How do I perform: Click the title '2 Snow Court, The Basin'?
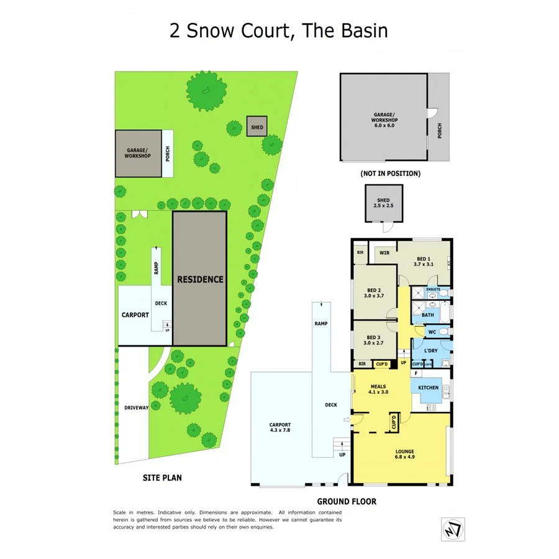click(x=279, y=30)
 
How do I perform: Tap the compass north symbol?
click(x=453, y=528)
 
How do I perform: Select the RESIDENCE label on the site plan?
click(x=200, y=279)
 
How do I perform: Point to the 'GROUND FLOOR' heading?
click(x=347, y=501)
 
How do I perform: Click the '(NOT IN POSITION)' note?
click(x=390, y=174)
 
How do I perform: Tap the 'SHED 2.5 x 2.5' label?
click(x=383, y=203)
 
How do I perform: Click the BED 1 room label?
click(x=422, y=261)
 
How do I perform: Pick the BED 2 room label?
click(x=373, y=293)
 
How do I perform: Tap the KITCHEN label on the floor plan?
click(x=429, y=388)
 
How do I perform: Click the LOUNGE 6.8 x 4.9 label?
click(x=404, y=454)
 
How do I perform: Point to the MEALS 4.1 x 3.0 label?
click(x=379, y=389)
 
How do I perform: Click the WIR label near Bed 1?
click(x=384, y=252)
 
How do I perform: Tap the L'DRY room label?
click(x=430, y=351)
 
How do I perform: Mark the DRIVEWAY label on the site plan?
click(x=136, y=407)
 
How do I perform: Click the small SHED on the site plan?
click(x=257, y=127)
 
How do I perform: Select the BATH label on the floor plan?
click(x=428, y=315)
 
